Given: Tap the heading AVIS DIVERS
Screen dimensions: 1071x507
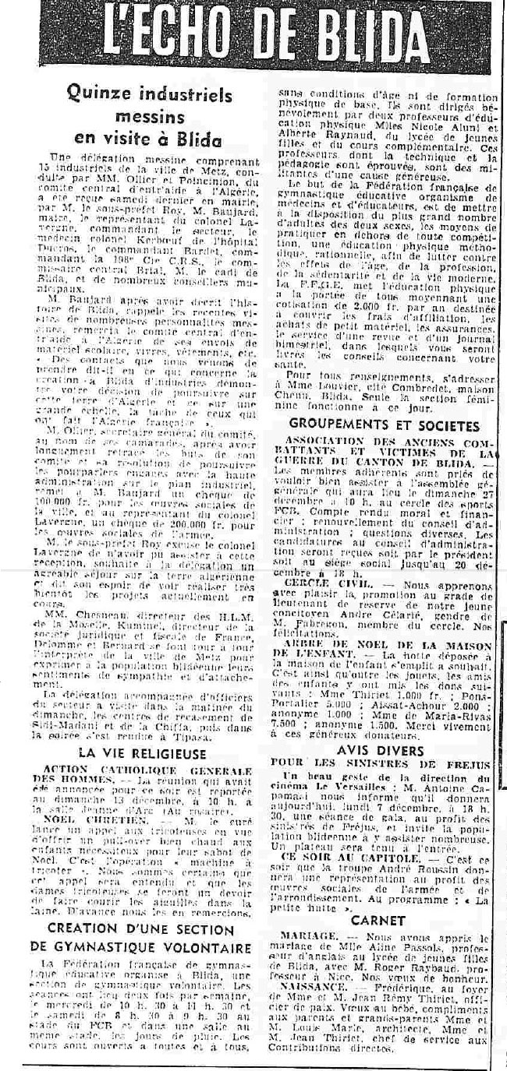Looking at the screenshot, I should (382, 751).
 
